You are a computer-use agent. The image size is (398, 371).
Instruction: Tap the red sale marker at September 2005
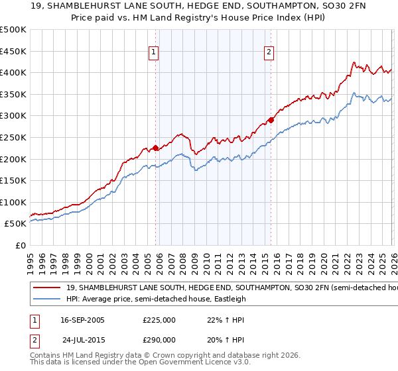[x=155, y=148]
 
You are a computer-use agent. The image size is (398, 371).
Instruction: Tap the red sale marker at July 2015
[x=271, y=120]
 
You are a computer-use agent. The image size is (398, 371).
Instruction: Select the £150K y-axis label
[x=13, y=180]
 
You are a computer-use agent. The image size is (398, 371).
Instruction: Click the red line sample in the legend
[x=47, y=288]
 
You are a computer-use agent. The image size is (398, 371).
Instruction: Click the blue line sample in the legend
[x=47, y=299]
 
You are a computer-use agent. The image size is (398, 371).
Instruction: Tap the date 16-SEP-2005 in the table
[x=82, y=320]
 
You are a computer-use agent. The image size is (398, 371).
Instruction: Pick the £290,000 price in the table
[x=159, y=340]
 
